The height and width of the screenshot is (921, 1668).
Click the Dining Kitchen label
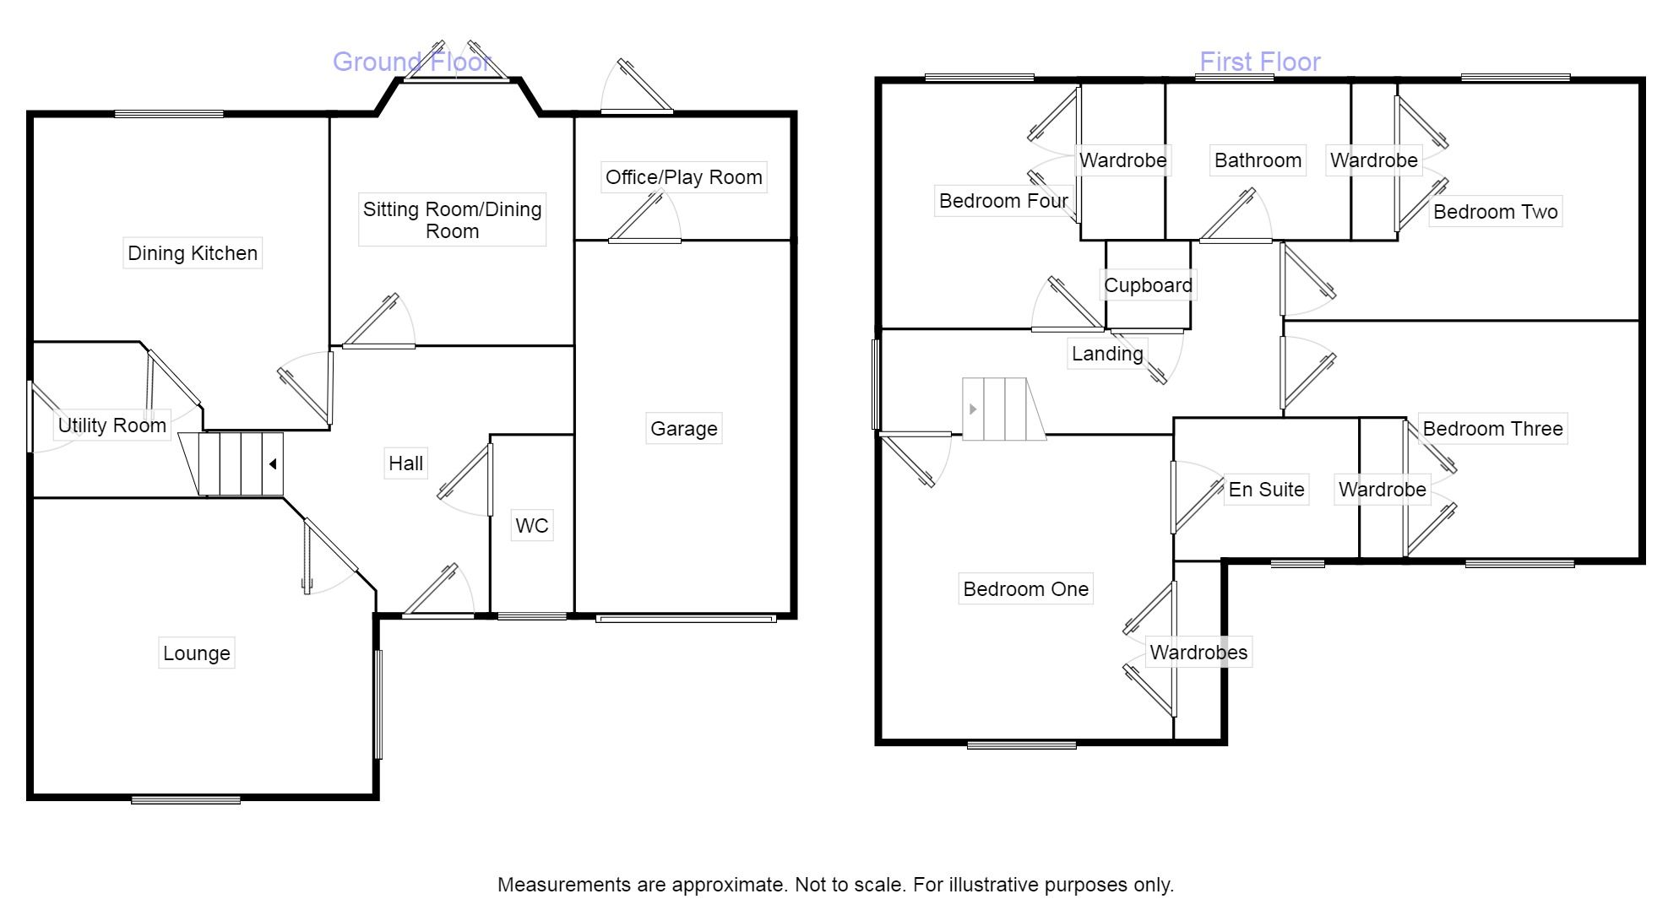point(193,253)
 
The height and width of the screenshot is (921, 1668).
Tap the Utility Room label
point(111,425)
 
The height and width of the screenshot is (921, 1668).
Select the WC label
point(532,526)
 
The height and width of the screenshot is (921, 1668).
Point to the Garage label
point(683,429)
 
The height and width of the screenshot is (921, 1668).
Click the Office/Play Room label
point(683,177)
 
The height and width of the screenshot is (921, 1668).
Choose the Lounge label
point(196,653)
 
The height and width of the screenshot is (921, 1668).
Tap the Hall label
point(405,463)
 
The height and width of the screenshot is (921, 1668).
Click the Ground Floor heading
point(411,62)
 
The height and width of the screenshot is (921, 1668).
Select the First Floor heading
point(1259,62)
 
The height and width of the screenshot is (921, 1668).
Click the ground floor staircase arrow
point(273,464)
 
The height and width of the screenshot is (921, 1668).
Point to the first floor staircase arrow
point(973,409)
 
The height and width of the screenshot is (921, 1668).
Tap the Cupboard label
point(1148,285)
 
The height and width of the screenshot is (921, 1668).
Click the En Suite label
point(1266,490)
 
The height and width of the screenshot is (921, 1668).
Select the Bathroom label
point(1258,160)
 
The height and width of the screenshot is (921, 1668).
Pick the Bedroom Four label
point(1003,201)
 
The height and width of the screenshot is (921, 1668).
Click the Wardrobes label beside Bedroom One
point(1198,653)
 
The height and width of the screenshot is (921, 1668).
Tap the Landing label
point(1107,354)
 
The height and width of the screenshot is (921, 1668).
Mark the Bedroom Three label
point(1492,429)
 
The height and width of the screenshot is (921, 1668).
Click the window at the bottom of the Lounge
point(186,799)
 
